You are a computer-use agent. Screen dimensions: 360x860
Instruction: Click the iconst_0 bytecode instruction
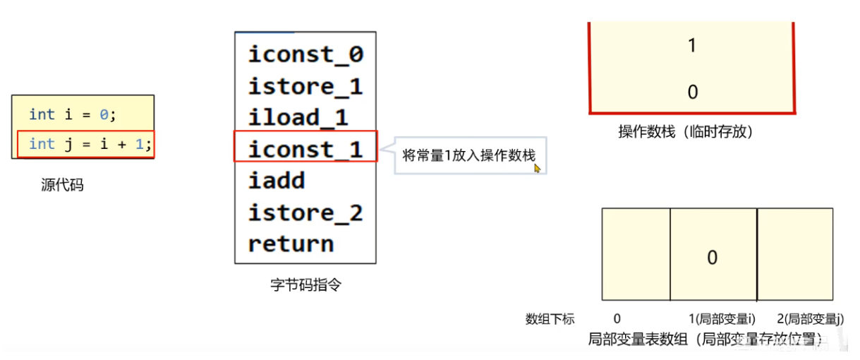[x=305, y=55]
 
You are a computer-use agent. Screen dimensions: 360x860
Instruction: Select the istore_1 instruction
[x=305, y=87]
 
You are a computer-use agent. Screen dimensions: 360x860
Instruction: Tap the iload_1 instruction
[x=298, y=118]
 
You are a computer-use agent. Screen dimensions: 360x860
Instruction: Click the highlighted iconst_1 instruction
[x=305, y=150]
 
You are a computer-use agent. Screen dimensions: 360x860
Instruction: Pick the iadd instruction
[x=277, y=181]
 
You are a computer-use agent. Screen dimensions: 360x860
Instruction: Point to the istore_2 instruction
[x=305, y=212]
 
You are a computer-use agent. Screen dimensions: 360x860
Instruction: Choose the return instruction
[x=291, y=244]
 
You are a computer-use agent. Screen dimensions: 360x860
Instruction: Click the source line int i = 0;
[x=73, y=114]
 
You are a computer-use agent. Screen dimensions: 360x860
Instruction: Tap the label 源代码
[x=62, y=186]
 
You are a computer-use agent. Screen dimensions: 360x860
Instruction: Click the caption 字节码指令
[x=306, y=285]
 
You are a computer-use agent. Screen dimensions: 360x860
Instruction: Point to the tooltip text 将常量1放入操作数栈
[x=468, y=156]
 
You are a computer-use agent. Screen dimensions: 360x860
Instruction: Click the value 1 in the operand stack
[x=692, y=46]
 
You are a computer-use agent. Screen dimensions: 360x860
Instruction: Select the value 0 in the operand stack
[x=692, y=92]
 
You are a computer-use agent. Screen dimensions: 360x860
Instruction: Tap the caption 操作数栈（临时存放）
[x=691, y=132]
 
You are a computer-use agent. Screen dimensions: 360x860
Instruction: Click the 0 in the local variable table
[x=712, y=258]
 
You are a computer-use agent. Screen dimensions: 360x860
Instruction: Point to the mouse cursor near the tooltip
[x=537, y=168]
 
